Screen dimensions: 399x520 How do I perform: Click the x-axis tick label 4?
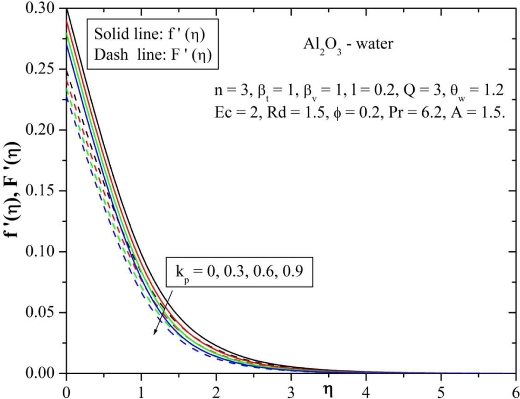pos(367,389)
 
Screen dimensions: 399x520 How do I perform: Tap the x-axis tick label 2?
pos(216,389)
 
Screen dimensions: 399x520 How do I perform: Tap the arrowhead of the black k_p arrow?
pos(154,334)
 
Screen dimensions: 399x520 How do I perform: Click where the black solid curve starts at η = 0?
pos(66,9)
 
